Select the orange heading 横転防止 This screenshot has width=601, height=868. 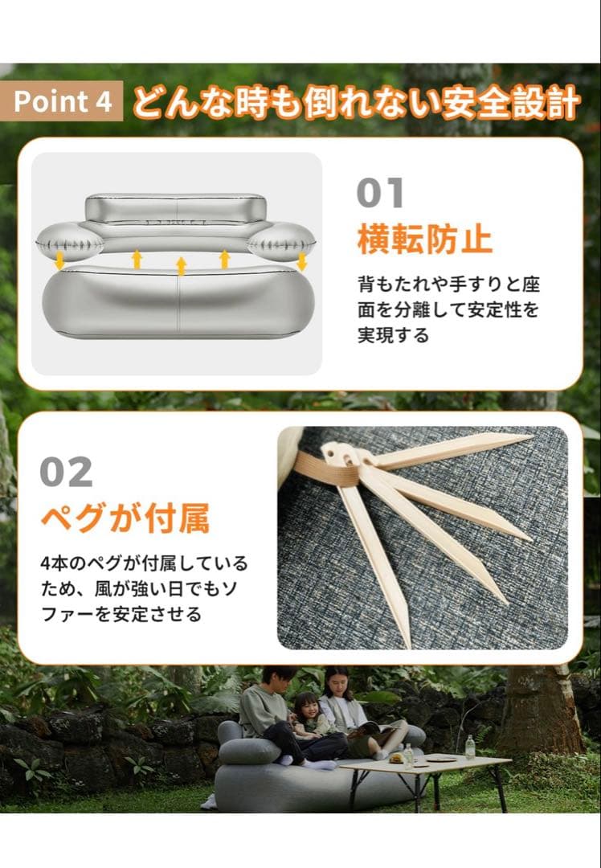tap(425, 239)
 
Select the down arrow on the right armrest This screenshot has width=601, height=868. tap(301, 261)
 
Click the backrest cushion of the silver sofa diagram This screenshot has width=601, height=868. tap(175, 208)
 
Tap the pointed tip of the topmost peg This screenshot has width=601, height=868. tap(529, 437)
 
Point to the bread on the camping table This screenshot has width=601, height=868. tap(396, 757)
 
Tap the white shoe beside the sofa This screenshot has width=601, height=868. tap(208, 801)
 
